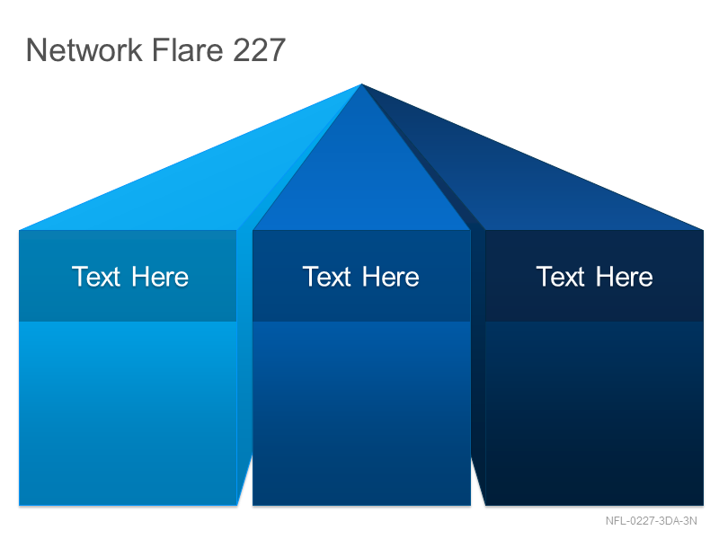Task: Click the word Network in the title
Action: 84,49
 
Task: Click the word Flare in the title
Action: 188,49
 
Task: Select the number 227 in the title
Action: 259,49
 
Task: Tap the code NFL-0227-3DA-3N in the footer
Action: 651,521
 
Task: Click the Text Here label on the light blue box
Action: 130,277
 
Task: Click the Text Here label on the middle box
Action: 361,277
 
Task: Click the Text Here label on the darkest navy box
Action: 594,277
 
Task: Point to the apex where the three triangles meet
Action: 361,84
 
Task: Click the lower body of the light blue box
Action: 128,413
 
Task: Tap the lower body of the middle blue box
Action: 361,413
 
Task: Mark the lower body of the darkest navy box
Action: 594,413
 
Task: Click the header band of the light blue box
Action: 128,276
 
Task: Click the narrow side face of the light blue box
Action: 244,358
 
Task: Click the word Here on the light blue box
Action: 160,277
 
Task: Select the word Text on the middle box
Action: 326,277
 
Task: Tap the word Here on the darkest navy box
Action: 624,277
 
